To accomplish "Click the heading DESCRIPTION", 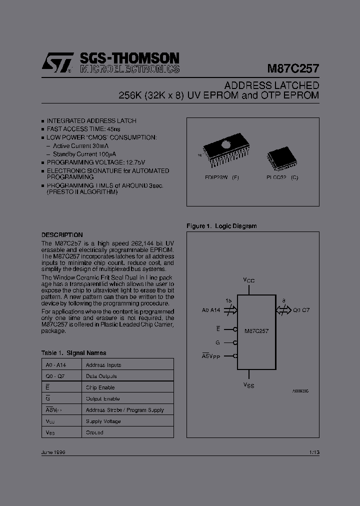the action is pos(62,234).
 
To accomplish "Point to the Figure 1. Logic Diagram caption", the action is pos(221,226).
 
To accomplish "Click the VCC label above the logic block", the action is pos(249,280).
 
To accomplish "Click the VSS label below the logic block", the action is pos(249,385).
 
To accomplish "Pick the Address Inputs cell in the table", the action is pos(103,365).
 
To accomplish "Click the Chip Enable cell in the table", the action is pos(100,387).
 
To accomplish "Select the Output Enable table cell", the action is pos(103,398).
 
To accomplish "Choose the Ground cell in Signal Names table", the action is pos(94,432).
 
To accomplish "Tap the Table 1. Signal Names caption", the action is pos(73,352).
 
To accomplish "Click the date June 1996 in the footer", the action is pos(53,452).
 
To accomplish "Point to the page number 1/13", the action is pos(314,452).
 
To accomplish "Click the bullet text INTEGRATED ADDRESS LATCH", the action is pos(91,121).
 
